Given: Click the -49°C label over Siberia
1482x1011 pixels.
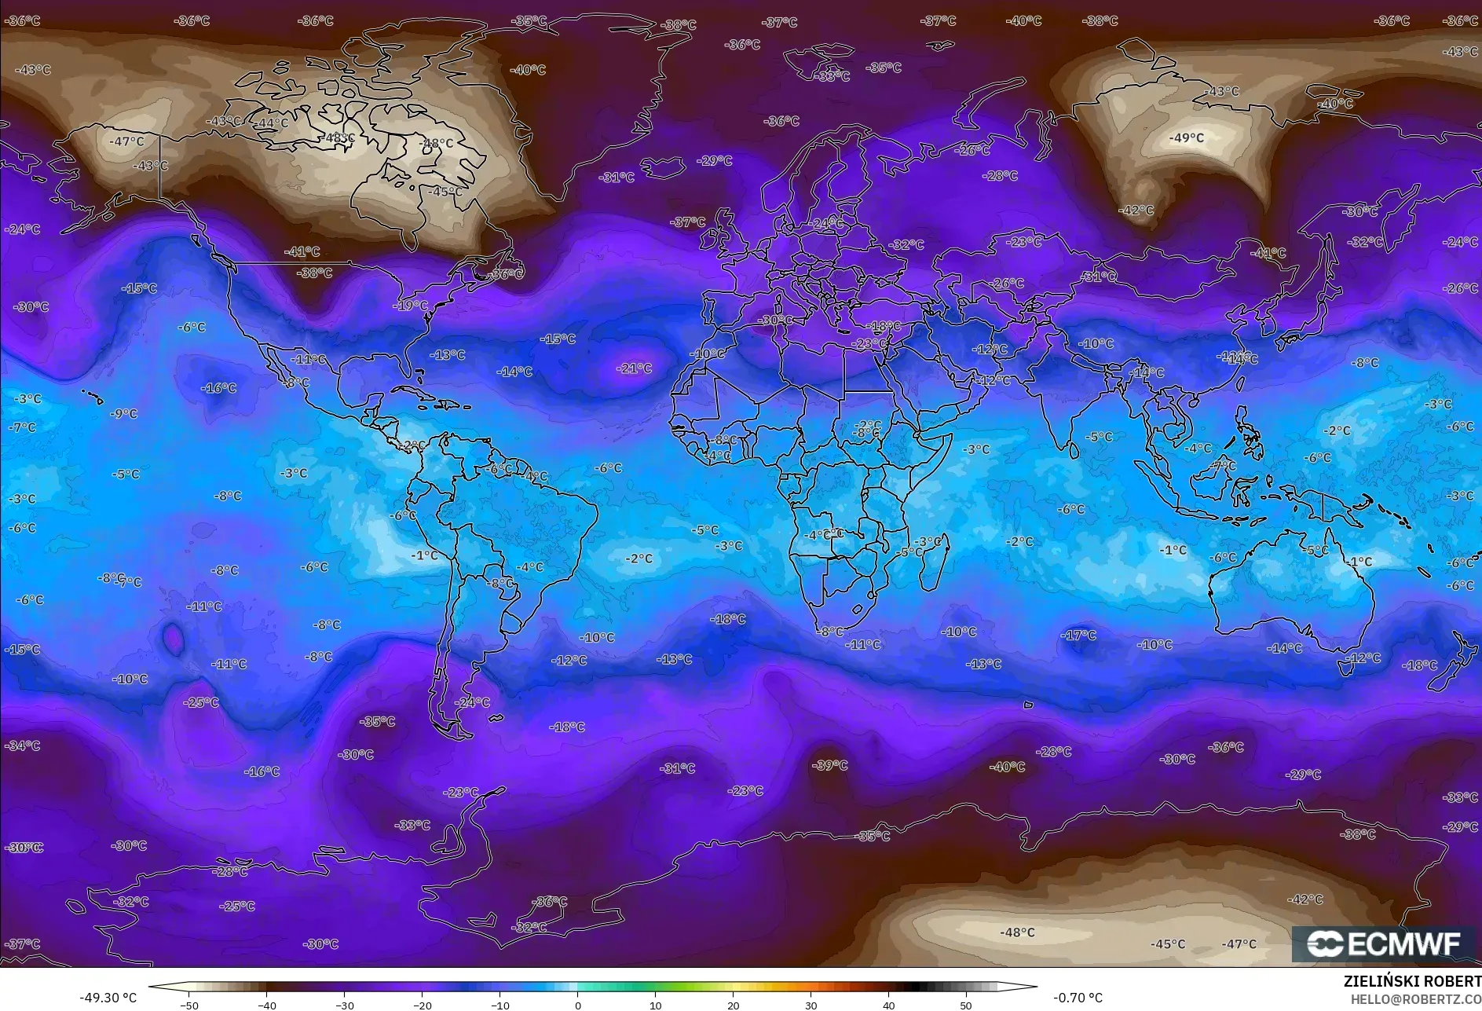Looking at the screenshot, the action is pyautogui.click(x=1186, y=138).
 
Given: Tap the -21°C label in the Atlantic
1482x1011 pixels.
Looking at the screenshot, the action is pyautogui.click(x=635, y=368).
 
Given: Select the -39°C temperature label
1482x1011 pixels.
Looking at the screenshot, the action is pyautogui.click(x=830, y=765).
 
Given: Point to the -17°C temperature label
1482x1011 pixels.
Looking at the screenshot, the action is pyautogui.click(x=1078, y=635).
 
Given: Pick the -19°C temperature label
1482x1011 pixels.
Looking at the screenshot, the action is pyautogui.click(x=411, y=306).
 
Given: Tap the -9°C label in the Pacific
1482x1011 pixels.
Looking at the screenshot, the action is pyautogui.click(x=124, y=413).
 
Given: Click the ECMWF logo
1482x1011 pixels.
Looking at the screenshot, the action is pyautogui.click(x=1384, y=944).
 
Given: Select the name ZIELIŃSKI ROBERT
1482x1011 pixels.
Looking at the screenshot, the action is pyautogui.click(x=1412, y=981).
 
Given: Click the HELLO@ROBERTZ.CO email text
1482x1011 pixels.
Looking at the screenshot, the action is pyautogui.click(x=1415, y=998).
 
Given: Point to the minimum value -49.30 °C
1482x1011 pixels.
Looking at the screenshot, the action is pyautogui.click(x=108, y=998).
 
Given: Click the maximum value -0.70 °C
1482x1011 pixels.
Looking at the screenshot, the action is pyautogui.click(x=1078, y=998).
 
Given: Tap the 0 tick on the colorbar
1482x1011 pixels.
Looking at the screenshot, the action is pyautogui.click(x=577, y=1005).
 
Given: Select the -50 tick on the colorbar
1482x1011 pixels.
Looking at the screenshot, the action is pyautogui.click(x=188, y=1005).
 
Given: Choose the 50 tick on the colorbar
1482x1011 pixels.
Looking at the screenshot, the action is pyautogui.click(x=965, y=1005).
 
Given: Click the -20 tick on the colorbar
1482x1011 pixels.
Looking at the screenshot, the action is pyautogui.click(x=422, y=1005).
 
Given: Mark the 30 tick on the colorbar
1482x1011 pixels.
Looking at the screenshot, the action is pyautogui.click(x=811, y=1005).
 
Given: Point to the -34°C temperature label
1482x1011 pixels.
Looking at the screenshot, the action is pyautogui.click(x=23, y=745).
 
